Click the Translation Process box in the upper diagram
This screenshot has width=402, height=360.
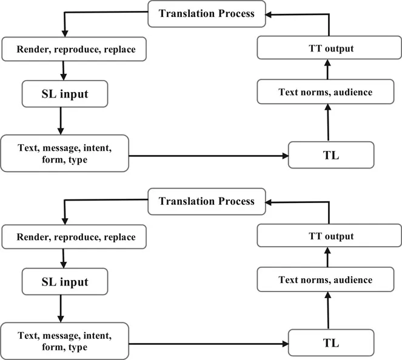[207, 13]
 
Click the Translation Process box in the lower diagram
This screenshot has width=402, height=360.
[207, 201]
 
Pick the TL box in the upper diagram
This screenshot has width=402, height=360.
[330, 155]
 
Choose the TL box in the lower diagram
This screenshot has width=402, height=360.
[330, 342]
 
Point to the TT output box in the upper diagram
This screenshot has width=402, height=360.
[328, 48]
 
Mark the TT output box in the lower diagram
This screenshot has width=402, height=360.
[328, 236]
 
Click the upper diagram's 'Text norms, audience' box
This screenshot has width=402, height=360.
[325, 92]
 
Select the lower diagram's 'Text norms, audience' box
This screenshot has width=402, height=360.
[325, 280]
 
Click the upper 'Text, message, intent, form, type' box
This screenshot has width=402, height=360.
[64, 153]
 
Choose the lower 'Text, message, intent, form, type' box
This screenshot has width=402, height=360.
[64, 341]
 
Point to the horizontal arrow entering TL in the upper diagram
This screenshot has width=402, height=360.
[209, 156]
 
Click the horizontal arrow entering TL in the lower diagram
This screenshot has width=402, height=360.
[209, 344]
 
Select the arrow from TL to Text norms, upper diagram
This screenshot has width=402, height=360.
[328, 123]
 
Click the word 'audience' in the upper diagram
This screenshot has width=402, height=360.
[350, 92]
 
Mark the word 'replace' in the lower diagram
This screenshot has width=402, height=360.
[120, 237]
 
